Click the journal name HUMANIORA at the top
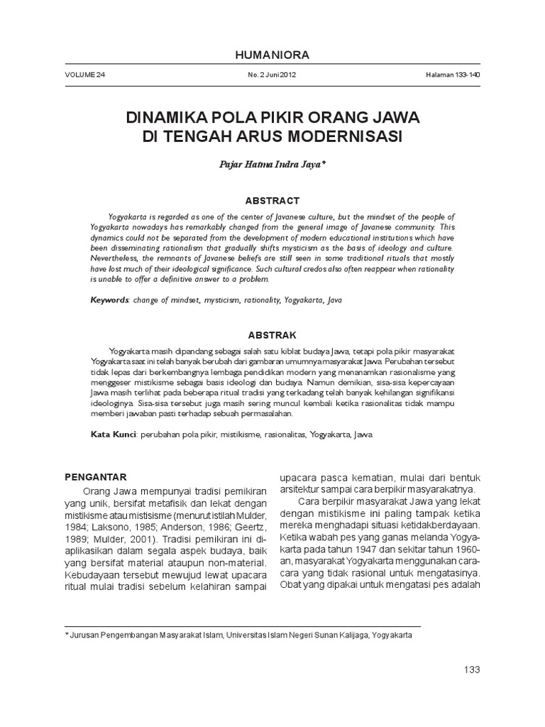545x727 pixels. (272, 55)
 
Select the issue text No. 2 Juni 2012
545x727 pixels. (272, 75)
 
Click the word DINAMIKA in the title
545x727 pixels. (167, 116)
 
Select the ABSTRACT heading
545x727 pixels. (272, 201)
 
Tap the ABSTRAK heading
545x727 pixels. (272, 334)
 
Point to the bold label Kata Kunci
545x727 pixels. (114, 434)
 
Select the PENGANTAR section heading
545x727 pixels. (95, 476)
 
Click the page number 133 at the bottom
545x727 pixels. (471, 669)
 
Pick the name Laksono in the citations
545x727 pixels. (111, 525)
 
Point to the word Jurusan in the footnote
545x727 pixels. (84, 635)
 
